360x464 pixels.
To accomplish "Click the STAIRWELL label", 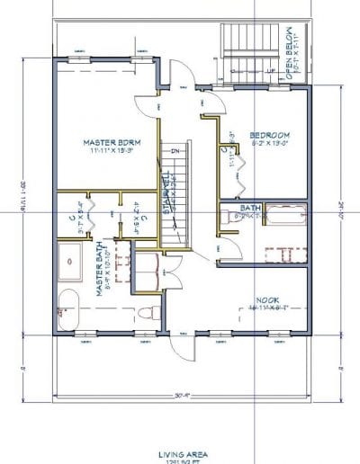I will click(x=167, y=192).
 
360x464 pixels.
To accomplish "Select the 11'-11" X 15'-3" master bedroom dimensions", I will click(x=105, y=152).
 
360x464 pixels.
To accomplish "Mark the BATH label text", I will click(x=249, y=209).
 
